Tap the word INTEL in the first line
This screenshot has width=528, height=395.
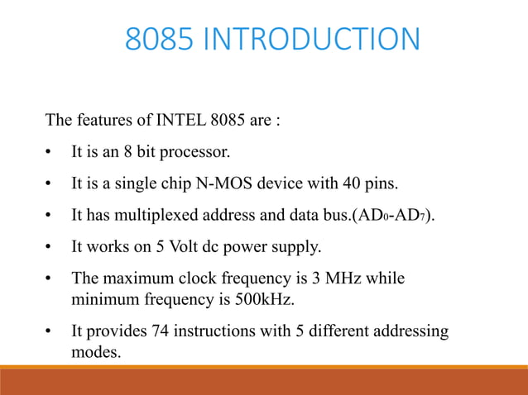tap(175, 121)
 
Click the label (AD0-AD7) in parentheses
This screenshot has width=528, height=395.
tap(392, 217)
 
